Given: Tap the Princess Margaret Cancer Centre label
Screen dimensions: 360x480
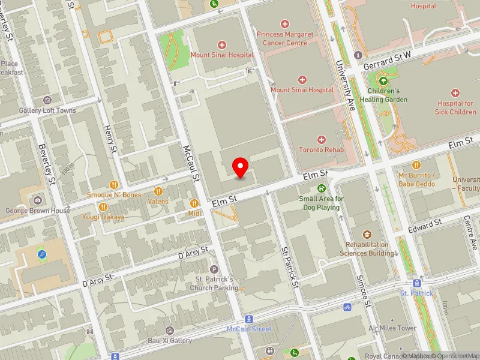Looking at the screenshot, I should click(285, 38).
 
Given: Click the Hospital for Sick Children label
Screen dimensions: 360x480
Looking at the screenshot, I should click(456, 107).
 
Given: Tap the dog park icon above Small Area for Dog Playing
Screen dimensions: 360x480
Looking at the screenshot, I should click(321, 188).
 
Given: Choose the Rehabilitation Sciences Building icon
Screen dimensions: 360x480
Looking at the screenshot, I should click(367, 235).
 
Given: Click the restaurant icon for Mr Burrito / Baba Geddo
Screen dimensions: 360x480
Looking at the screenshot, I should click(416, 165).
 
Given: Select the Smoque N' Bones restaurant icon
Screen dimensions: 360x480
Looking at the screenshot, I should click(113, 184).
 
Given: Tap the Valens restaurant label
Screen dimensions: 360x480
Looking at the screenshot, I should click(158, 202).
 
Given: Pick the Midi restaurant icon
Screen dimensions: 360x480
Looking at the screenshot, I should click(194, 203).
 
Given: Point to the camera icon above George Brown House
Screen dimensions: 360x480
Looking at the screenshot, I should click(38, 200).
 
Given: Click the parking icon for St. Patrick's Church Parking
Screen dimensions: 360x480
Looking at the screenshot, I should click(214, 269).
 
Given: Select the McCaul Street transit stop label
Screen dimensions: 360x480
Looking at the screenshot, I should click(249, 329).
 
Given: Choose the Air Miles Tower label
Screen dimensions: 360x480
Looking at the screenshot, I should click(392, 328).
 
